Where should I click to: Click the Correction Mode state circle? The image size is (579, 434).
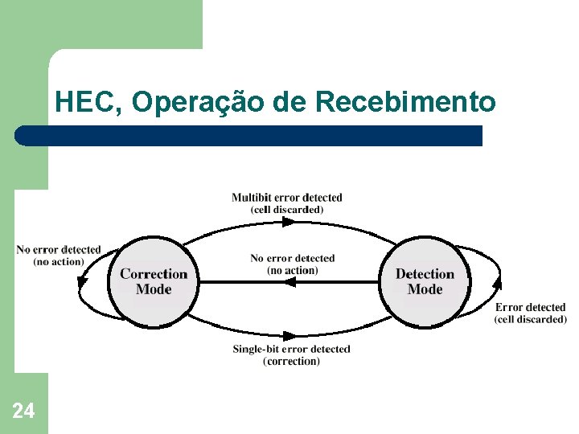[153, 281]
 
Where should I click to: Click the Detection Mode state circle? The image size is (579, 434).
[425, 281]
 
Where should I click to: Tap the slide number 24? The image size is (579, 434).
[23, 411]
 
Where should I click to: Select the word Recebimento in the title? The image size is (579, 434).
[405, 103]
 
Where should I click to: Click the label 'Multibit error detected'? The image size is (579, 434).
[286, 198]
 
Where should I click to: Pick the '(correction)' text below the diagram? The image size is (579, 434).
[291, 362]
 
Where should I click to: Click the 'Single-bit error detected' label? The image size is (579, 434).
[291, 349]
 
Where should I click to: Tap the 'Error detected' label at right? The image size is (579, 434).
[530, 307]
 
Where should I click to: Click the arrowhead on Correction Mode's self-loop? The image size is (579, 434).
[82, 280]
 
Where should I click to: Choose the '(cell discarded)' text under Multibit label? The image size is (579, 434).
[287, 210]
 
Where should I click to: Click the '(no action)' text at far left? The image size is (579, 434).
[58, 262]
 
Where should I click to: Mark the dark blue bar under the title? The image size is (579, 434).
[249, 136]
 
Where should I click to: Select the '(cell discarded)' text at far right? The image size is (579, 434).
[530, 319]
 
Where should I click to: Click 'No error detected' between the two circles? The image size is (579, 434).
[292, 258]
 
